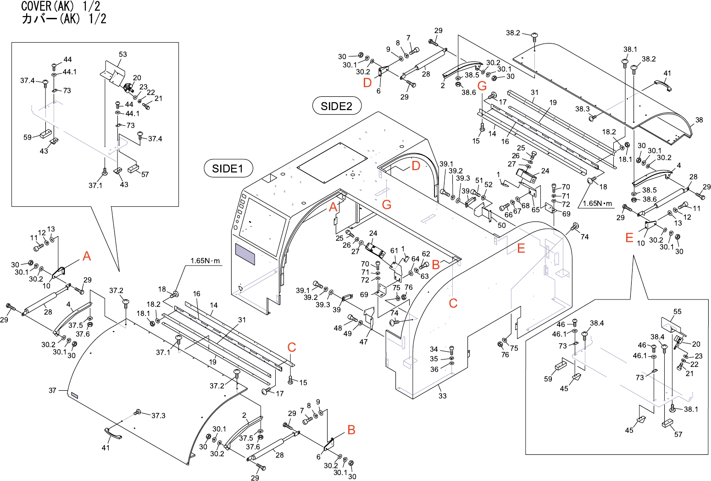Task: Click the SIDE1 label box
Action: point(228,169)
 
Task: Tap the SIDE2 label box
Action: point(337,106)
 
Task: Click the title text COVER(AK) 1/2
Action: point(61,6)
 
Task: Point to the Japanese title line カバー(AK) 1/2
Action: point(64,19)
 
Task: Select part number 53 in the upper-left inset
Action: point(123,54)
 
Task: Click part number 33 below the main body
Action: point(442,396)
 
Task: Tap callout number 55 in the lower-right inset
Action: point(678,312)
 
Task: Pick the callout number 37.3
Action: point(158,415)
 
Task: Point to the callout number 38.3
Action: point(583,109)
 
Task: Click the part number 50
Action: point(502,225)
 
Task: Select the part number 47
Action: point(363,342)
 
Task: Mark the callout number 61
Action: point(394,251)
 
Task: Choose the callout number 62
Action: point(426,254)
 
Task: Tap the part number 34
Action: point(434,349)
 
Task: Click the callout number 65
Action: point(535,210)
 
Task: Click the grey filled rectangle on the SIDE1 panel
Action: point(244,254)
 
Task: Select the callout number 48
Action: point(338,328)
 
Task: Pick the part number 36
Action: point(434,369)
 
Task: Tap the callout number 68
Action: point(525,206)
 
